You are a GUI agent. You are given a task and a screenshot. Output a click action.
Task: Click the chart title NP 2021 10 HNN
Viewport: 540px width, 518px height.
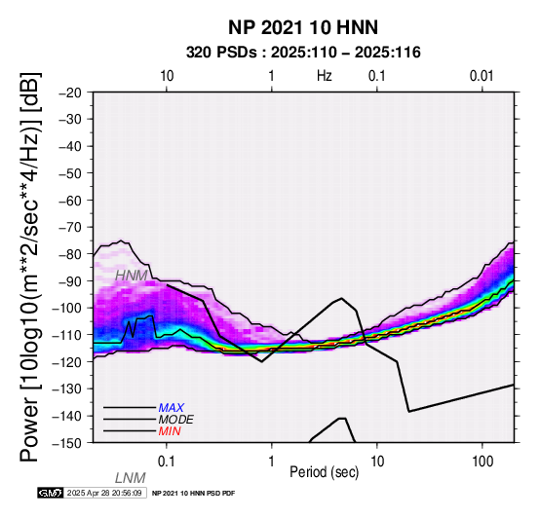point(303,27)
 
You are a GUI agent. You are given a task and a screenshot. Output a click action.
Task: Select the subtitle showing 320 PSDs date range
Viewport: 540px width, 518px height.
point(303,53)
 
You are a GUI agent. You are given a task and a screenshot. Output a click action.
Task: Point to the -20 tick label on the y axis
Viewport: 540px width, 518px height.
point(70,92)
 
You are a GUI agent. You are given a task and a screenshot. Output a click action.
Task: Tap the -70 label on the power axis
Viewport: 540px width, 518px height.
point(70,228)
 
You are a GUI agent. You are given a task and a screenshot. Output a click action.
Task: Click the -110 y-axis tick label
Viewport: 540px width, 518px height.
point(66,335)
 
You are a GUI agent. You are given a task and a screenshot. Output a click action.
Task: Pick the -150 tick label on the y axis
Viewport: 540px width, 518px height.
point(66,443)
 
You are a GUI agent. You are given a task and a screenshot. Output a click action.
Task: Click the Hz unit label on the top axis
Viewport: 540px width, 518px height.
point(324,76)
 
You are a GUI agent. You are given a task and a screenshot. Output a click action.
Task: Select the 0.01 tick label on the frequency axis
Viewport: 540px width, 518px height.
point(482,76)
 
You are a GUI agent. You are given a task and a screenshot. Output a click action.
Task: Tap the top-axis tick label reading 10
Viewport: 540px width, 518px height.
point(167,76)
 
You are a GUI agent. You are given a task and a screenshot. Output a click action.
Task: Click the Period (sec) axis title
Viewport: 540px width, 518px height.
point(324,472)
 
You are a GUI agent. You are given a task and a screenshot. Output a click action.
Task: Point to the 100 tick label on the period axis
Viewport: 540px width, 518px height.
point(482,462)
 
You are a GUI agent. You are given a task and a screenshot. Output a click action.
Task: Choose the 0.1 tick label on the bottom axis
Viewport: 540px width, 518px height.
point(166,462)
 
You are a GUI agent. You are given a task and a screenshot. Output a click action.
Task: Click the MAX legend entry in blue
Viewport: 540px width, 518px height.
point(172,408)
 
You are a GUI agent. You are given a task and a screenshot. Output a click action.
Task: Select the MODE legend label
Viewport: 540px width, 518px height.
point(176,420)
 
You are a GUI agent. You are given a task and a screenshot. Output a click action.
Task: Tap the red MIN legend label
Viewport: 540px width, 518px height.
point(170,431)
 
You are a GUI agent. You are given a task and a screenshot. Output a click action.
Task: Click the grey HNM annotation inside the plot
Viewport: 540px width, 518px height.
point(132,276)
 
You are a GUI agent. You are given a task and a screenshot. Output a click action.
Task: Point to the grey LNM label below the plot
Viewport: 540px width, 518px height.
point(131,478)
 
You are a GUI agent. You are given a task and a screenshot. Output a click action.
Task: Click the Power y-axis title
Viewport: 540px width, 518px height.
point(30,267)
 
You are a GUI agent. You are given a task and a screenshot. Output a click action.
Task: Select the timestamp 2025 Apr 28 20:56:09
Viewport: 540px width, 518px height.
point(104,493)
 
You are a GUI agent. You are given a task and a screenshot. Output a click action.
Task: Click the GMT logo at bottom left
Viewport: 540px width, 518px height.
point(51,493)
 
